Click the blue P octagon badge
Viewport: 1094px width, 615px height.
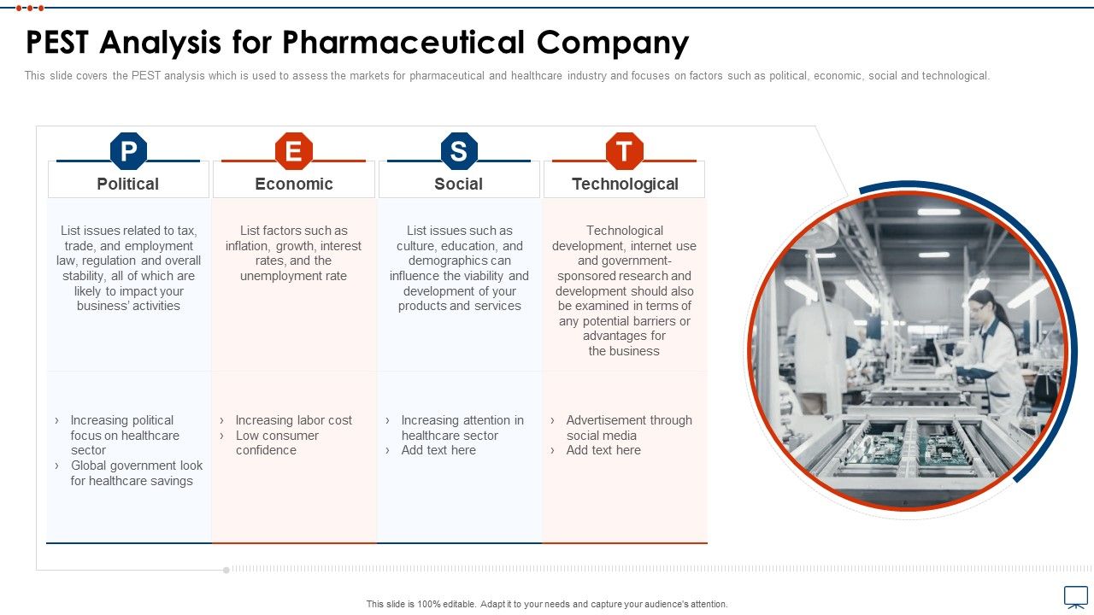[x=128, y=151]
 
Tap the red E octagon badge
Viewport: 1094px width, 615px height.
[x=293, y=151]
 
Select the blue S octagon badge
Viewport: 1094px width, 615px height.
[x=459, y=151]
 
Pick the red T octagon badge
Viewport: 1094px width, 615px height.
[x=624, y=151]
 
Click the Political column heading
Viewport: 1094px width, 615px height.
[x=128, y=184]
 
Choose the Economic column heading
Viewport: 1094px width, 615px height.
[x=294, y=184]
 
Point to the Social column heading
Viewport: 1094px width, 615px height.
[x=459, y=184]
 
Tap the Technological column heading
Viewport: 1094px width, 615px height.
[x=625, y=184]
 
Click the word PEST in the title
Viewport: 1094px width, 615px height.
[x=56, y=42]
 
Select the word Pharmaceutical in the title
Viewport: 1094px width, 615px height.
[x=404, y=42]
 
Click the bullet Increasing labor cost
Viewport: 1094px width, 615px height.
[x=293, y=420]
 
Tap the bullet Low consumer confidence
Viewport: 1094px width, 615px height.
[x=277, y=442]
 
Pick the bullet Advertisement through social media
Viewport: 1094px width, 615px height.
[x=629, y=428]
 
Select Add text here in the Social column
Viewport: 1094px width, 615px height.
[x=438, y=450]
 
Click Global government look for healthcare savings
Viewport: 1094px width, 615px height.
[x=137, y=473]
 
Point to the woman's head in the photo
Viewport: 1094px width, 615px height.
[x=983, y=305]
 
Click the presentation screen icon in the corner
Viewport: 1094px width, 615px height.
[x=1076, y=597]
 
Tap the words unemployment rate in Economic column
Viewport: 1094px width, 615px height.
[x=293, y=276]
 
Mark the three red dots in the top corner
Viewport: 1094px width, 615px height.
[x=30, y=8]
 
